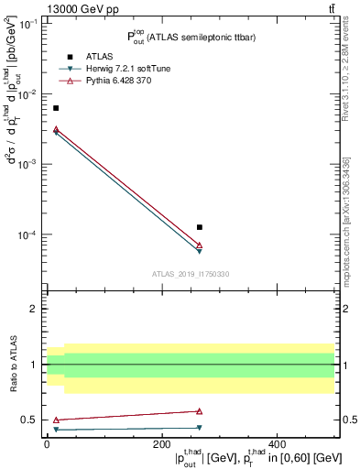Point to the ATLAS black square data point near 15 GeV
tap(56, 108)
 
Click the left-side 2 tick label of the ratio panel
tap(35, 310)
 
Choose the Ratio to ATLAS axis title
tap(14, 365)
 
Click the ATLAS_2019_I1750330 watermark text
tap(191, 274)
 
